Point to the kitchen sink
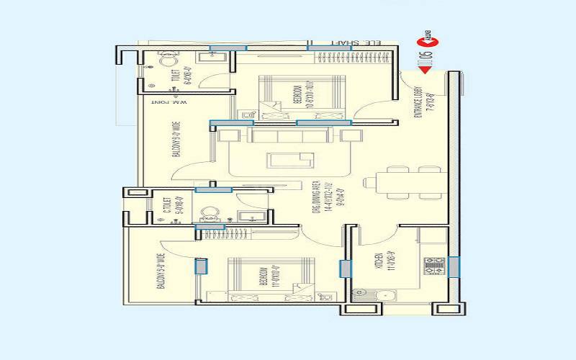tap(382, 294)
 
